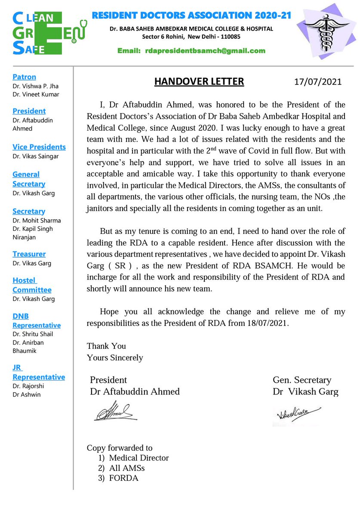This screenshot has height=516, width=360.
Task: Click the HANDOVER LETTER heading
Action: click(199, 81)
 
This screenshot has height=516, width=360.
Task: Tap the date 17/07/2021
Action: click(318, 82)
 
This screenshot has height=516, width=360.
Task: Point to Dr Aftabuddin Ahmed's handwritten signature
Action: click(115, 412)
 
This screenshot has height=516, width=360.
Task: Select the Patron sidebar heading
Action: click(24, 77)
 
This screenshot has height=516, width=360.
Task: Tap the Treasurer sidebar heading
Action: click(29, 254)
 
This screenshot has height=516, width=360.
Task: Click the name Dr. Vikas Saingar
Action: click(36, 156)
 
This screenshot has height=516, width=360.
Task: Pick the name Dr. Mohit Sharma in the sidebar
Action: click(37, 221)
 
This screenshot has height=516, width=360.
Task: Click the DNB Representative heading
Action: click(36, 321)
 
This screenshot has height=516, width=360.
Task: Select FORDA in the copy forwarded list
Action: click(123, 478)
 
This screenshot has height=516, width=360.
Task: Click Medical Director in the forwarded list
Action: click(138, 458)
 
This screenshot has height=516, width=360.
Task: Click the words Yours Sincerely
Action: click(115, 357)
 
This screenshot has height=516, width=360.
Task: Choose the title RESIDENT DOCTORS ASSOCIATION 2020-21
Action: click(191, 16)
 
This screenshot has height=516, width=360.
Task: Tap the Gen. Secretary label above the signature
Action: click(302, 380)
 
